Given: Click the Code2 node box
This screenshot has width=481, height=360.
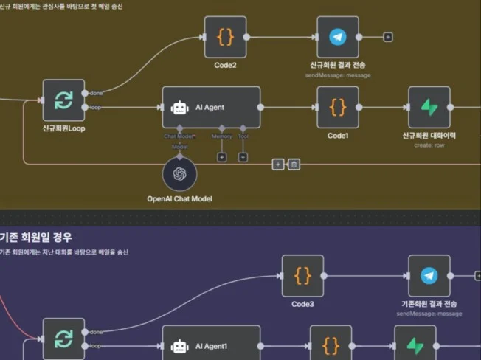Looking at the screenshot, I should click(x=225, y=37).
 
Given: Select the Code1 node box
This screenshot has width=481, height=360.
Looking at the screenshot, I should click(x=338, y=107).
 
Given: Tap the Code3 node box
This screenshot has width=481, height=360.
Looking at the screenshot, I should click(x=302, y=276).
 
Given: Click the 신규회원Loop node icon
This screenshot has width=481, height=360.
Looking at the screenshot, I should click(x=63, y=100).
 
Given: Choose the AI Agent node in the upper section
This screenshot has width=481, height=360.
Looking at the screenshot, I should click(x=211, y=108).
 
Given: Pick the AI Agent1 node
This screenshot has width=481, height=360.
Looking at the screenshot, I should click(x=211, y=345).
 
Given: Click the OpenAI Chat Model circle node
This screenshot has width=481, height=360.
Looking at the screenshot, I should click(x=180, y=174).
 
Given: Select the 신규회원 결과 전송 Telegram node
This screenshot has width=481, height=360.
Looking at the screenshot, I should click(x=338, y=37).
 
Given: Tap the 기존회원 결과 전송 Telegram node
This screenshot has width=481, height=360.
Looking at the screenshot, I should click(x=429, y=276).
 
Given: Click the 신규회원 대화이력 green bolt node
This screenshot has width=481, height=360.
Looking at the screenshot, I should click(x=429, y=107).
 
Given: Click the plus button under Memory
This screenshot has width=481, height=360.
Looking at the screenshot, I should click(x=221, y=157).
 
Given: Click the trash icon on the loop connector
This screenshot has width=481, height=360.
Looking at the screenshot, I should click(x=294, y=164).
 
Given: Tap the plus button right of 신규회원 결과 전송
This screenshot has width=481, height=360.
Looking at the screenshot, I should click(x=388, y=37).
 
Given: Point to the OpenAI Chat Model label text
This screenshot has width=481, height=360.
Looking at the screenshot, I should click(x=180, y=199).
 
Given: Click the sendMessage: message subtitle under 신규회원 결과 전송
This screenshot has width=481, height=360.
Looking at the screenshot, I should click(x=338, y=75).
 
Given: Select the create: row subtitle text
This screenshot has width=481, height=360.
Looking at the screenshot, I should click(x=429, y=145).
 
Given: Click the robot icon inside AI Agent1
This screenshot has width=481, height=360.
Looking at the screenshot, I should click(x=180, y=345).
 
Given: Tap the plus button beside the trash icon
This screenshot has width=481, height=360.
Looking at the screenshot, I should click(x=278, y=164).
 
